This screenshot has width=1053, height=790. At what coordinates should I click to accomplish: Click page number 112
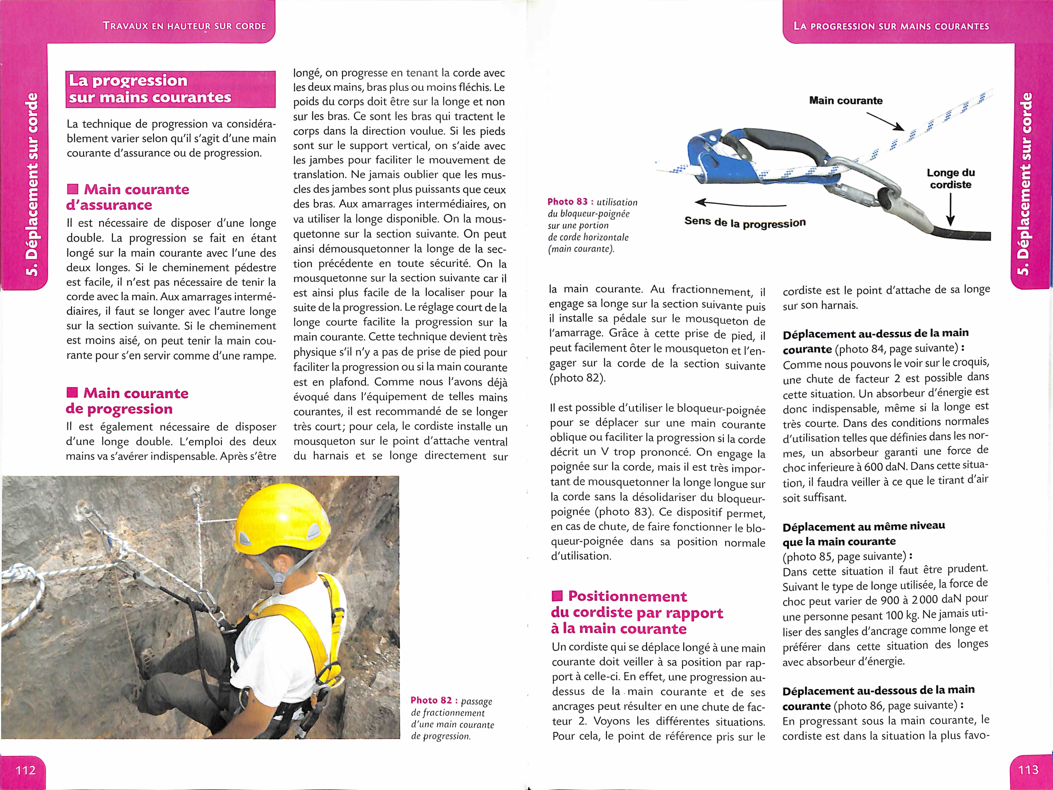coord(25,770)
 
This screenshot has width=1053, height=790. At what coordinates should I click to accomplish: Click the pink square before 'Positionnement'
coord(557,596)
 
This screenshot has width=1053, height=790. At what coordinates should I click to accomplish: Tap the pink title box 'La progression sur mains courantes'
coord(170,89)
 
